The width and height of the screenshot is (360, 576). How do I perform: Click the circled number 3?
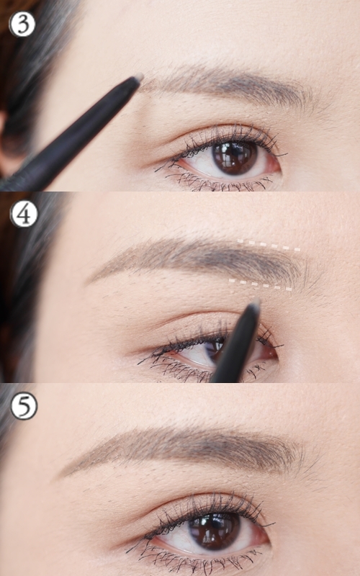pyautogui.click(x=22, y=24)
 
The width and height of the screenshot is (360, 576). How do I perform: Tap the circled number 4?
pyautogui.click(x=24, y=214)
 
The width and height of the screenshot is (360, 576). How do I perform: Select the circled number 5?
pyautogui.click(x=24, y=406)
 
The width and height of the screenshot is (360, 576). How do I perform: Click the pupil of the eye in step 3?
pyautogui.click(x=235, y=157)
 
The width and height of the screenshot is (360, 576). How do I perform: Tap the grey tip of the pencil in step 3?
pyautogui.click(x=138, y=78)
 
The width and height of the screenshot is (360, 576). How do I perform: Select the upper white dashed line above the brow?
pyautogui.click(x=269, y=245)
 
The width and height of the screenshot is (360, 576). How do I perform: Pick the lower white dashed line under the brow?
pyautogui.click(x=260, y=285)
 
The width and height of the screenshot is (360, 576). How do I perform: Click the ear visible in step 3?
pyautogui.click(x=8, y=143)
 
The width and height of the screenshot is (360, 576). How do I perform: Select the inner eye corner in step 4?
pyautogui.click(x=273, y=354)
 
